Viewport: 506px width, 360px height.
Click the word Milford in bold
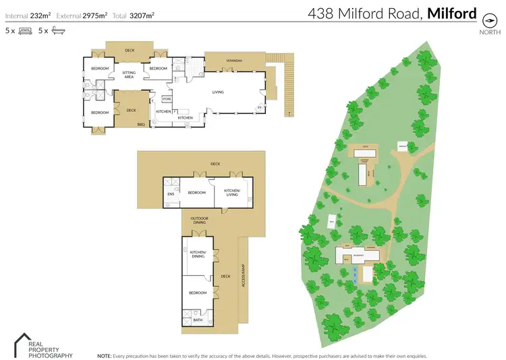click(452, 13)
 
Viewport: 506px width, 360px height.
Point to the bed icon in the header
click(25, 31)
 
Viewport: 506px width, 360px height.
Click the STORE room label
click(167, 99)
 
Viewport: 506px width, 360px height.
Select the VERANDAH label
click(234, 60)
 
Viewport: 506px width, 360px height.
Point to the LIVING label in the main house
click(218, 92)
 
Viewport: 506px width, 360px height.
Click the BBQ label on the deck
click(141, 124)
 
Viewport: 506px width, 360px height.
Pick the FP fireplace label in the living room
click(258, 108)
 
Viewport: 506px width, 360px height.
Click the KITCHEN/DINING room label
click(198, 255)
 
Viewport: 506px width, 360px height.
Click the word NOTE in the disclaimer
click(105, 355)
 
